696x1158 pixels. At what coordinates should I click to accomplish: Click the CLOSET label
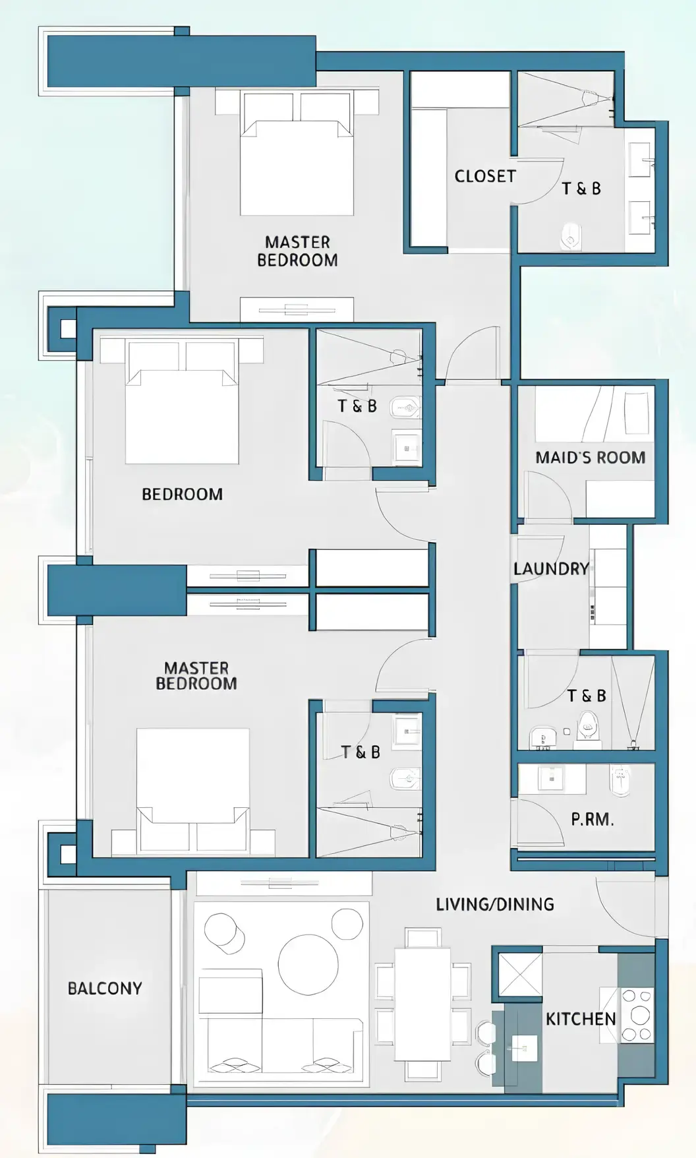(485, 176)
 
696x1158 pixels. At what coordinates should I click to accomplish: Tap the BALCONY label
(105, 988)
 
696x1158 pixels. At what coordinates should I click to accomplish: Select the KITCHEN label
(580, 1019)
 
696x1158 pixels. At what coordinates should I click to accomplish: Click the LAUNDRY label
(551, 568)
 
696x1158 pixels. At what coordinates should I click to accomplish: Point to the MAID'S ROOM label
(590, 458)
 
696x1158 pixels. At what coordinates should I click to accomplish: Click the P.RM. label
(592, 820)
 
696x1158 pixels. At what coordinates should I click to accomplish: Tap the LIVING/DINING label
(494, 904)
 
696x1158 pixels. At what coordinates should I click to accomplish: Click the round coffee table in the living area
(308, 963)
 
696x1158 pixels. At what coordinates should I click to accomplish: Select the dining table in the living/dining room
(422, 1004)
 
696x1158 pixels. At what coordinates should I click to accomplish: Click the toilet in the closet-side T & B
(571, 237)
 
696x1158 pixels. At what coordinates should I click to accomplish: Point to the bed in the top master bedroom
(297, 165)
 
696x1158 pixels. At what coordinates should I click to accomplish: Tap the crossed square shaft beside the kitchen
(519, 974)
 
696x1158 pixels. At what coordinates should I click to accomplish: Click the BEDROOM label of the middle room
(182, 494)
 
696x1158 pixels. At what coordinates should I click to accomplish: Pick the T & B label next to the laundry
(586, 696)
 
